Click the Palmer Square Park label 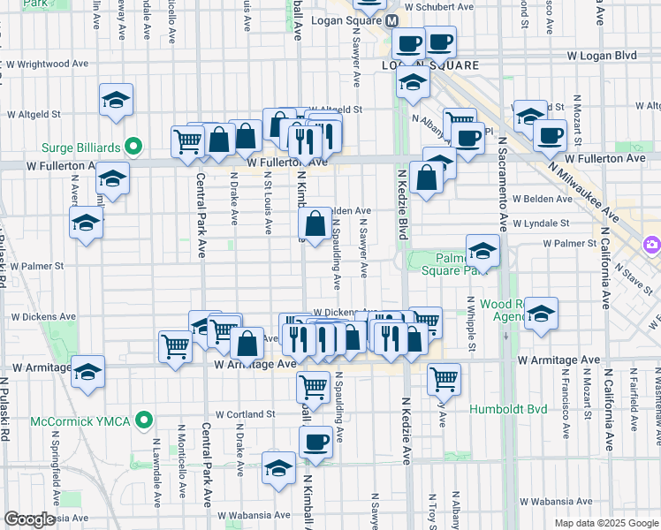[x=449, y=264]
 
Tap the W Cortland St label [x=247, y=414]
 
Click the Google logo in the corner [x=29, y=519]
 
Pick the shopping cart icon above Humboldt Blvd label [x=444, y=378]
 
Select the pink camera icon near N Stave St [x=652, y=244]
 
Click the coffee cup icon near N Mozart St [x=550, y=135]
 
